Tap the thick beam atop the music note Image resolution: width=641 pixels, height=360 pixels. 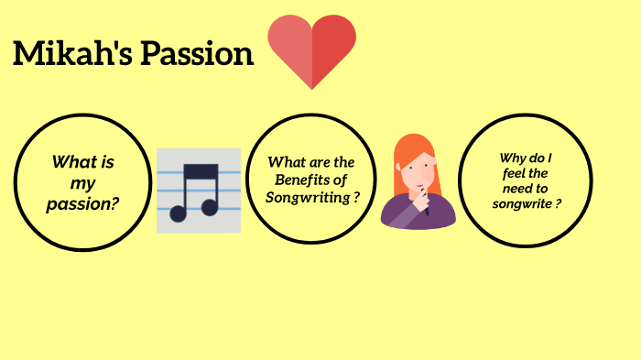point(201,171)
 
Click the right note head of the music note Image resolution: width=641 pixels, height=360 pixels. point(211,207)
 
